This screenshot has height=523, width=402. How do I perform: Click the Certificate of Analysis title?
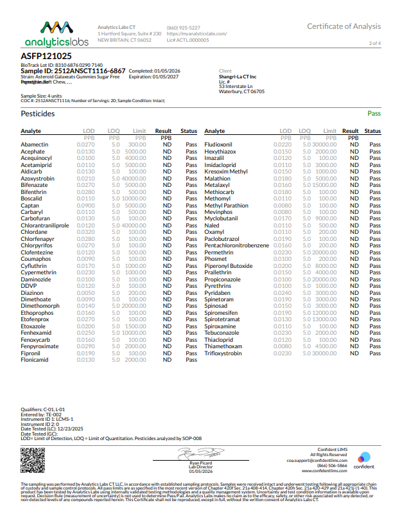click(344, 26)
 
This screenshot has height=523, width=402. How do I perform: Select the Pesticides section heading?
click(38, 114)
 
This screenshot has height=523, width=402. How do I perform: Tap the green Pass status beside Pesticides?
click(374, 114)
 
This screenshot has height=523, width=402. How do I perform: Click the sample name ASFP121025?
click(42, 56)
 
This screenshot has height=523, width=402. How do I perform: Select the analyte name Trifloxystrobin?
click(223, 353)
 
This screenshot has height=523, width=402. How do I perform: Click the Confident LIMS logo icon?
click(363, 457)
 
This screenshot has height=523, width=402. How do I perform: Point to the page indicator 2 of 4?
click(375, 43)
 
